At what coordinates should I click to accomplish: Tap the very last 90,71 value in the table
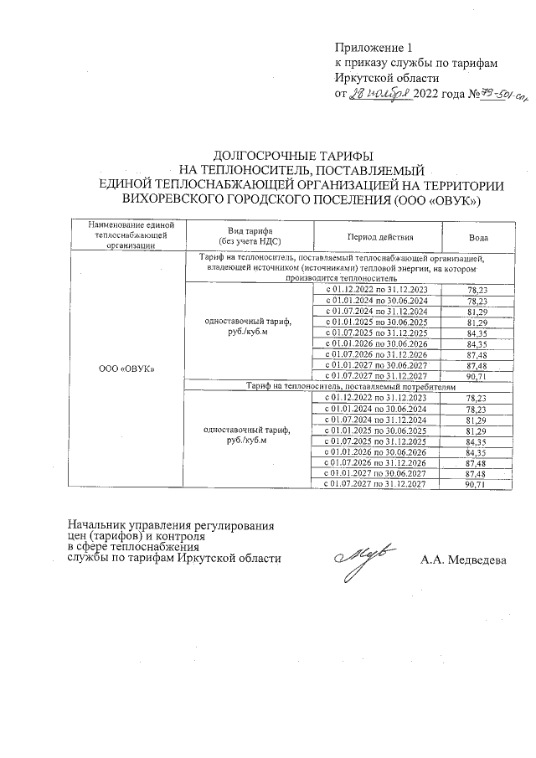coord(477,484)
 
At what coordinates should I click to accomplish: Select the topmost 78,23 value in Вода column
coord(477,289)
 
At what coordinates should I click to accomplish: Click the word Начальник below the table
coord(98,526)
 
